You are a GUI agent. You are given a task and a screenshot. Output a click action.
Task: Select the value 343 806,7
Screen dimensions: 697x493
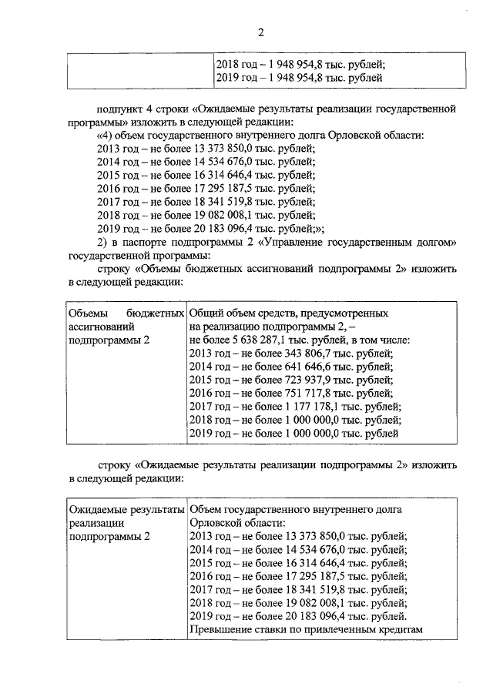pyautogui.click(x=289, y=354)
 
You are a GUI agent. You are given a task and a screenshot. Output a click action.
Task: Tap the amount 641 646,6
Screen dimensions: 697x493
pyautogui.click(x=289, y=367)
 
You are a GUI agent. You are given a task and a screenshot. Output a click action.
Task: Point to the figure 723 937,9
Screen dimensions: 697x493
pyautogui.click(x=289, y=381)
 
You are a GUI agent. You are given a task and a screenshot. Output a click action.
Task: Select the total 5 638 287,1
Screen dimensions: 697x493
pyautogui.click(x=270, y=340)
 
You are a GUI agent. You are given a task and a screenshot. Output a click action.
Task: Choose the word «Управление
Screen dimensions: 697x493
pyautogui.click(x=295, y=243)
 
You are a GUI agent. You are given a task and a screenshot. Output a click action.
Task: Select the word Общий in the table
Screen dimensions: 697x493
pyautogui.click(x=206, y=313)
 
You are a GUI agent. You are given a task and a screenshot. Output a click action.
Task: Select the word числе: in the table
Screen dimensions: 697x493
pyautogui.click(x=393, y=340)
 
